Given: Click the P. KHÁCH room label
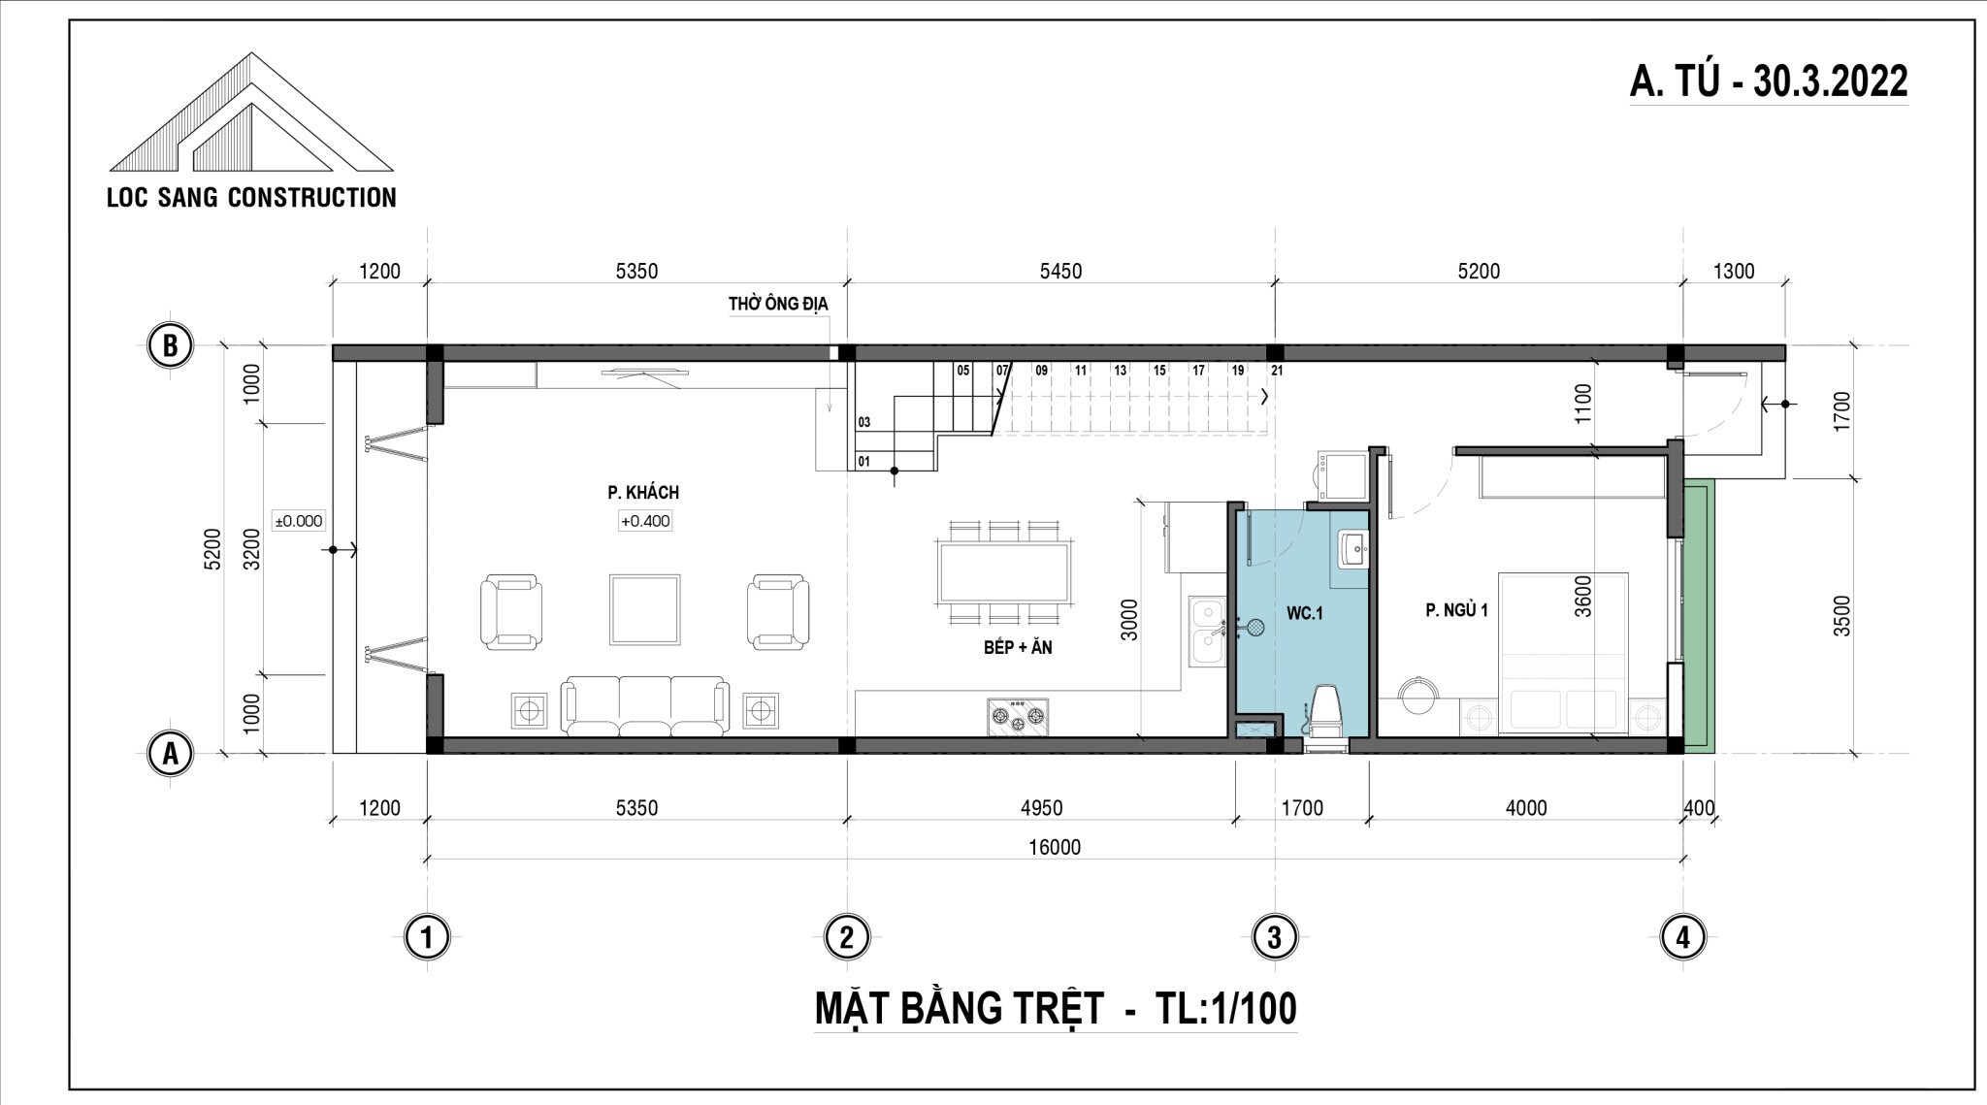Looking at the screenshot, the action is click(643, 493).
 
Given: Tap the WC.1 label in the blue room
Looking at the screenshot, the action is click(1305, 613).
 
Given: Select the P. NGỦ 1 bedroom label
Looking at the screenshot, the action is click(1456, 609).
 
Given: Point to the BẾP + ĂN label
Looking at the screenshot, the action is click(1018, 647).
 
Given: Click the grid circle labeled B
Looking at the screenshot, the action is click(171, 346).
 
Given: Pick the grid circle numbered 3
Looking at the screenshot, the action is click(1274, 937).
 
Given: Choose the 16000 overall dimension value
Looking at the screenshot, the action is click(1055, 847).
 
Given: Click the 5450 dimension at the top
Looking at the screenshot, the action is click(1060, 272).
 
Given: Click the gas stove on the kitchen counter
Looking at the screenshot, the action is click(1018, 716).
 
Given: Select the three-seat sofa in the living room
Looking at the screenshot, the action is click(644, 707).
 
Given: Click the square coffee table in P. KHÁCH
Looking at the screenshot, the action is click(644, 609).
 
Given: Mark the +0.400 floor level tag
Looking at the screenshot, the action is click(645, 521).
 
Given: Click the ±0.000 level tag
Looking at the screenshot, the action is click(299, 521).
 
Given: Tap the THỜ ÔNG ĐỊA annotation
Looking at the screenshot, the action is click(778, 305).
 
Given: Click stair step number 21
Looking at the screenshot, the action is click(1277, 371).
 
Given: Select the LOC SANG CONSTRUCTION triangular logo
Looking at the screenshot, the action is click(251, 113).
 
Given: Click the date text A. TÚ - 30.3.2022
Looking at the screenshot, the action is click(1769, 82).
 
